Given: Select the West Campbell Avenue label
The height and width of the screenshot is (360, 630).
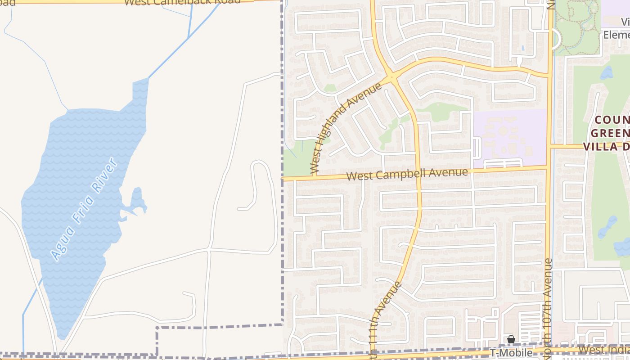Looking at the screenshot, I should (x=408, y=174).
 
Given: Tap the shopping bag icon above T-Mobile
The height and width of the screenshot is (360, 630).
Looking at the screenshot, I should (x=511, y=339).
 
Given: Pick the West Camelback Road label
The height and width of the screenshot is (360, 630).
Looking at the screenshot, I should (x=182, y=2).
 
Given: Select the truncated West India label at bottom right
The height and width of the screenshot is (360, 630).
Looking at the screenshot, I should (x=603, y=350).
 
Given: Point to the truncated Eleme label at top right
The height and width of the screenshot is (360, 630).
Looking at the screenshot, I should (x=616, y=35).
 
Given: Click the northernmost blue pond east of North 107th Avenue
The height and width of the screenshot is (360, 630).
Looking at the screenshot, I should (x=607, y=72).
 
